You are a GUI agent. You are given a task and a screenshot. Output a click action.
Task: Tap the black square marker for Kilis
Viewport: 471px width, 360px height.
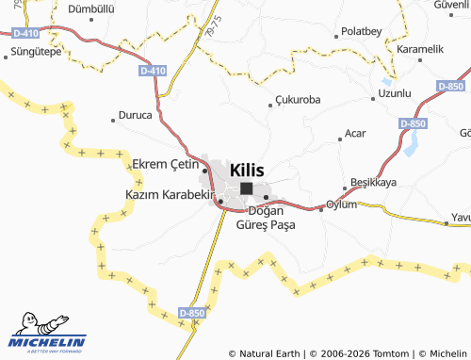click(246, 188)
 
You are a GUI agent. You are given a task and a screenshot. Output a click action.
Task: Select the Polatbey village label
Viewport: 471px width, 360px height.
click(362, 31)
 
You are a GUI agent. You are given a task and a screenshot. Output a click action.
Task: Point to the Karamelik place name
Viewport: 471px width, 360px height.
click(420, 48)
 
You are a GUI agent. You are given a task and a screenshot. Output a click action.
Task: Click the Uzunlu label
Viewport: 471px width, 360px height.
click(395, 93)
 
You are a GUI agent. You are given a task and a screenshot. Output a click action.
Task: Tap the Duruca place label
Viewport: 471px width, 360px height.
click(133, 117)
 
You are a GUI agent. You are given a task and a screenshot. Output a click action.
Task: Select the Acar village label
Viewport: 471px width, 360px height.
click(355, 134)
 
